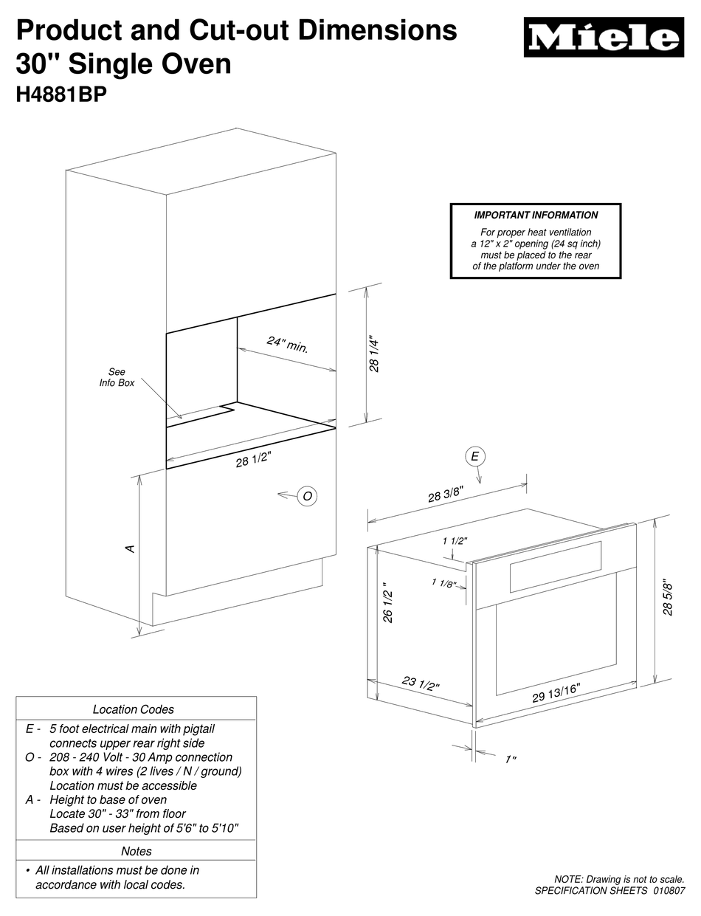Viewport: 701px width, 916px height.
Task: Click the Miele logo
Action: coord(603,38)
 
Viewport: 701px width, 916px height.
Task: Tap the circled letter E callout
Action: coord(474,457)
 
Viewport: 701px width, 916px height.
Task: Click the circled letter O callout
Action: coord(307,496)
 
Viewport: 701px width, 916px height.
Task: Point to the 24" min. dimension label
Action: coord(287,345)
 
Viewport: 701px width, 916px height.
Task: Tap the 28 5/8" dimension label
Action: coord(669,596)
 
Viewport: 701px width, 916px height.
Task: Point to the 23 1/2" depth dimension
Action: coord(421,683)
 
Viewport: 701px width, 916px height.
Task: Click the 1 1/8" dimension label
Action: coord(443,585)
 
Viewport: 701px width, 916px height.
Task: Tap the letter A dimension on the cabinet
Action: coord(130,548)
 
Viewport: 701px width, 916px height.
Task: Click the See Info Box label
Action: coord(117,378)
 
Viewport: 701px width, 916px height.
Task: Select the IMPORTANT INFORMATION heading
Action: coord(536,216)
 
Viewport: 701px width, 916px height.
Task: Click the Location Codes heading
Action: coord(134,709)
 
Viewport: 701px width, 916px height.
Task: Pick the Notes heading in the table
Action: coord(136,851)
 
